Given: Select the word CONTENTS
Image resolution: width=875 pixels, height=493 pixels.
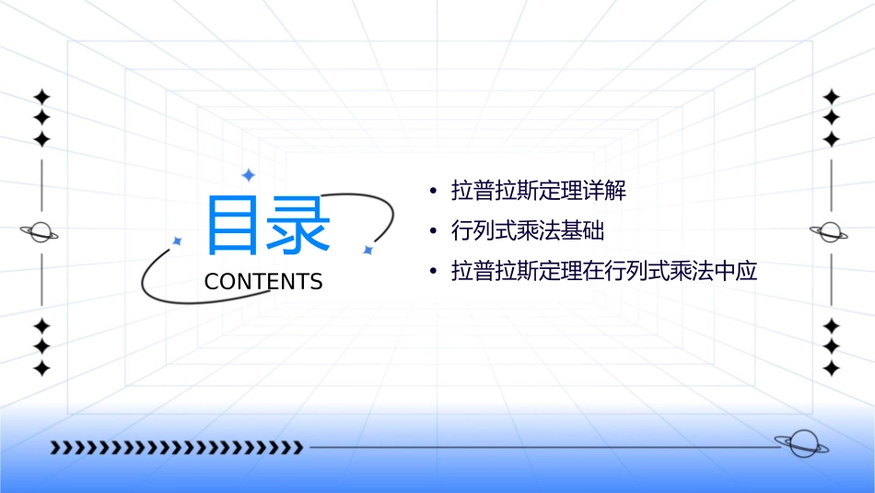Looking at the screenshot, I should click(x=263, y=282).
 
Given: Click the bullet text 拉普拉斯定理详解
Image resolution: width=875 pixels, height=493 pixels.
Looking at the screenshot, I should click(x=539, y=192).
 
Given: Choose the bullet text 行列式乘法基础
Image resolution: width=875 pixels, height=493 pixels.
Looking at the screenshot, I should click(x=528, y=231).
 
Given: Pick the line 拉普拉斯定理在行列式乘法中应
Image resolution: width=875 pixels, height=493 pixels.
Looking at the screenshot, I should click(x=604, y=272).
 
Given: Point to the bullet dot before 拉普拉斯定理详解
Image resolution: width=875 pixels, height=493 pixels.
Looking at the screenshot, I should click(x=433, y=192).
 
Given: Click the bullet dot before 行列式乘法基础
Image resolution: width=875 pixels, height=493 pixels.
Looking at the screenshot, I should click(x=433, y=231).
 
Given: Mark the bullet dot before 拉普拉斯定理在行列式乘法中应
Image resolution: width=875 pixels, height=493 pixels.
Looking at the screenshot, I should click(x=433, y=272).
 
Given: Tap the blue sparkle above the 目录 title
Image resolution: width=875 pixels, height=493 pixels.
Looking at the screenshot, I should click(x=248, y=174).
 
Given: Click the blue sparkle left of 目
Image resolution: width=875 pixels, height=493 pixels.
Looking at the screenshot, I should click(x=178, y=241).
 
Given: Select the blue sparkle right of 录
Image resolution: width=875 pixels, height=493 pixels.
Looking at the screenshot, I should click(x=367, y=249).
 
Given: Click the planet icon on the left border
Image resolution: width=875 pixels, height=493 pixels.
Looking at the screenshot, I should click(x=40, y=232).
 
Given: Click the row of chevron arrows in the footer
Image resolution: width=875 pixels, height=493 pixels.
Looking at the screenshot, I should click(x=176, y=448).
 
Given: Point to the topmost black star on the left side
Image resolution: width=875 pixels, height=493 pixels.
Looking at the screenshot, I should click(x=41, y=96).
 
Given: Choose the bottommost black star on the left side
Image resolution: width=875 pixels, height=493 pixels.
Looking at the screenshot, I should click(x=41, y=369).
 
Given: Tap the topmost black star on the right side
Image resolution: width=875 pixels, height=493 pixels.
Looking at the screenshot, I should click(x=832, y=96).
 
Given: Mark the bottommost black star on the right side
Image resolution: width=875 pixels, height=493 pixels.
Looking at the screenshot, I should click(x=832, y=369).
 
